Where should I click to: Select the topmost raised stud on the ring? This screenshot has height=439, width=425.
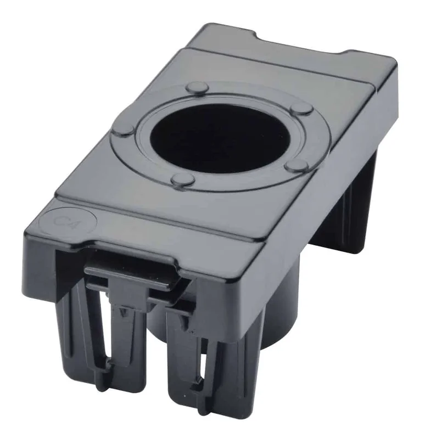(x=198, y=87)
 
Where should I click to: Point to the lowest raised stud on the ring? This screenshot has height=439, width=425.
(x=183, y=179)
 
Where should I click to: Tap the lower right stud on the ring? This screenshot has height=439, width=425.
(x=297, y=165)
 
